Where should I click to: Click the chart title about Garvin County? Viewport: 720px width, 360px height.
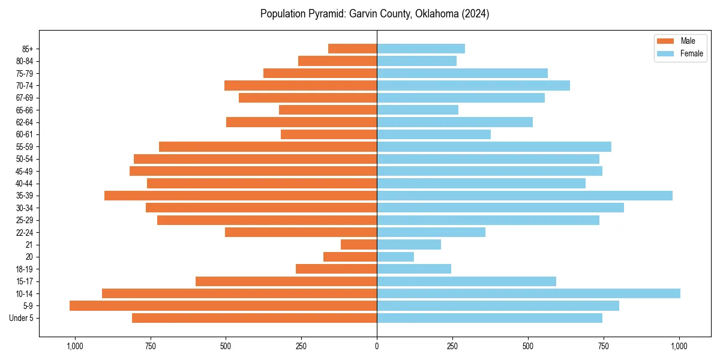click(x=374, y=14)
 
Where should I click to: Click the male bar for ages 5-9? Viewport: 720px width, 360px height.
click(x=223, y=306)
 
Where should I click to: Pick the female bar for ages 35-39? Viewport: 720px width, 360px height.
click(x=524, y=196)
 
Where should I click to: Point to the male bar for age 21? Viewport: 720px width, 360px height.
click(x=359, y=245)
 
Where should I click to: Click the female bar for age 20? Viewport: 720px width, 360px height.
click(x=395, y=257)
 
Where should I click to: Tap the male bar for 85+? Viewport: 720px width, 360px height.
click(x=352, y=49)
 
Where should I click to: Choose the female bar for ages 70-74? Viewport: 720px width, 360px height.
click(x=473, y=85)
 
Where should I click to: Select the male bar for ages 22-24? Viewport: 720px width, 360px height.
click(x=301, y=232)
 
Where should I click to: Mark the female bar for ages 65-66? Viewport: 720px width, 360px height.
click(x=418, y=110)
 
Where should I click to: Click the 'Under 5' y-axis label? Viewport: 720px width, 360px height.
click(x=21, y=318)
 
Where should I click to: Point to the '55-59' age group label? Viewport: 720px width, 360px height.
click(x=25, y=147)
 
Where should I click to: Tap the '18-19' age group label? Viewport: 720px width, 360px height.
click(x=25, y=269)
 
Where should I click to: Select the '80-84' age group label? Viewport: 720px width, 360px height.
click(x=25, y=61)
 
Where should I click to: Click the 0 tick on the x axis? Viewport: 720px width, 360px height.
click(x=377, y=346)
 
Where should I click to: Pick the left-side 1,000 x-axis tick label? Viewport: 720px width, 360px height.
click(x=74, y=346)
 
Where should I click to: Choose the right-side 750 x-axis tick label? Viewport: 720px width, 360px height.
click(x=604, y=346)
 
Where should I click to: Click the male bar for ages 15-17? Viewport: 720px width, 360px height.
click(x=286, y=281)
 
